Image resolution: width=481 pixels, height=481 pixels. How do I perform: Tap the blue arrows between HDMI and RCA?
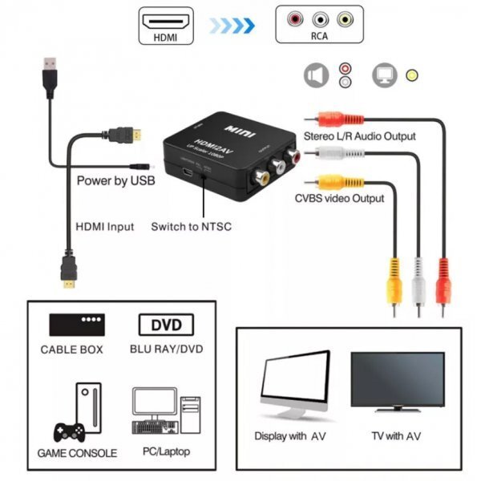click(232, 25)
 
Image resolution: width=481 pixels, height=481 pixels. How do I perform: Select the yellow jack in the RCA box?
click(345, 18)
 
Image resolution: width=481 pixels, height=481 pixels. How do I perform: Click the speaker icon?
click(316, 75)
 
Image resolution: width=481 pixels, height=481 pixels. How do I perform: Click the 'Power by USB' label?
click(115, 181)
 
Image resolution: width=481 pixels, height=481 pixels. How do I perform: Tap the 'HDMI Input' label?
click(104, 227)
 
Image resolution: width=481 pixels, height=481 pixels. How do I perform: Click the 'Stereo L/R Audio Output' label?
click(359, 136)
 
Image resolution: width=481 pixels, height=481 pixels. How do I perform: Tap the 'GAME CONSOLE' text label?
click(77, 453)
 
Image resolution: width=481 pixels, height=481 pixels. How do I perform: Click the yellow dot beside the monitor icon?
click(411, 75)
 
